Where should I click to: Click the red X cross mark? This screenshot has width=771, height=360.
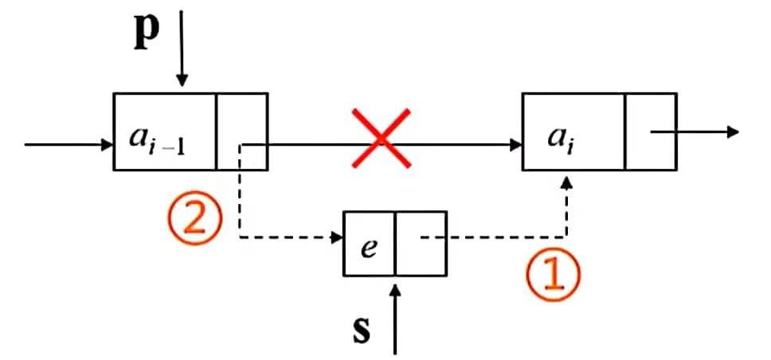pyautogui.click(x=381, y=139)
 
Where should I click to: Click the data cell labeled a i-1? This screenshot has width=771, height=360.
pyautogui.click(x=165, y=132)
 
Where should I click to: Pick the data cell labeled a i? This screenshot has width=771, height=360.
pyautogui.click(x=573, y=132)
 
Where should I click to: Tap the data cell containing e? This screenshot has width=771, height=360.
pyautogui.click(x=369, y=244)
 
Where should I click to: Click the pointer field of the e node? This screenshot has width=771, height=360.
pyautogui.click(x=421, y=244)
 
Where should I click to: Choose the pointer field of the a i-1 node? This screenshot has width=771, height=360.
pyautogui.click(x=242, y=132)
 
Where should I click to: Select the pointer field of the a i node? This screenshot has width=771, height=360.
pyautogui.click(x=651, y=132)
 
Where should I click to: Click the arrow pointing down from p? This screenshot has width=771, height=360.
pyautogui.click(x=182, y=48)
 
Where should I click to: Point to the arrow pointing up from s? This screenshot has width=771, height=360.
pyautogui.click(x=395, y=319)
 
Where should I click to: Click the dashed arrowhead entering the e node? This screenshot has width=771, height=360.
pyautogui.click(x=335, y=237)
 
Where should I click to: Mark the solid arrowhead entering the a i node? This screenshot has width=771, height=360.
pyautogui.click(x=514, y=145)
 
